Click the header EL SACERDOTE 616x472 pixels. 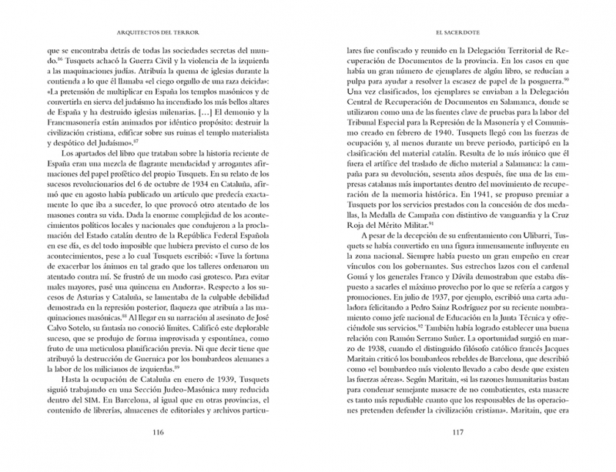pos(459,34)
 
